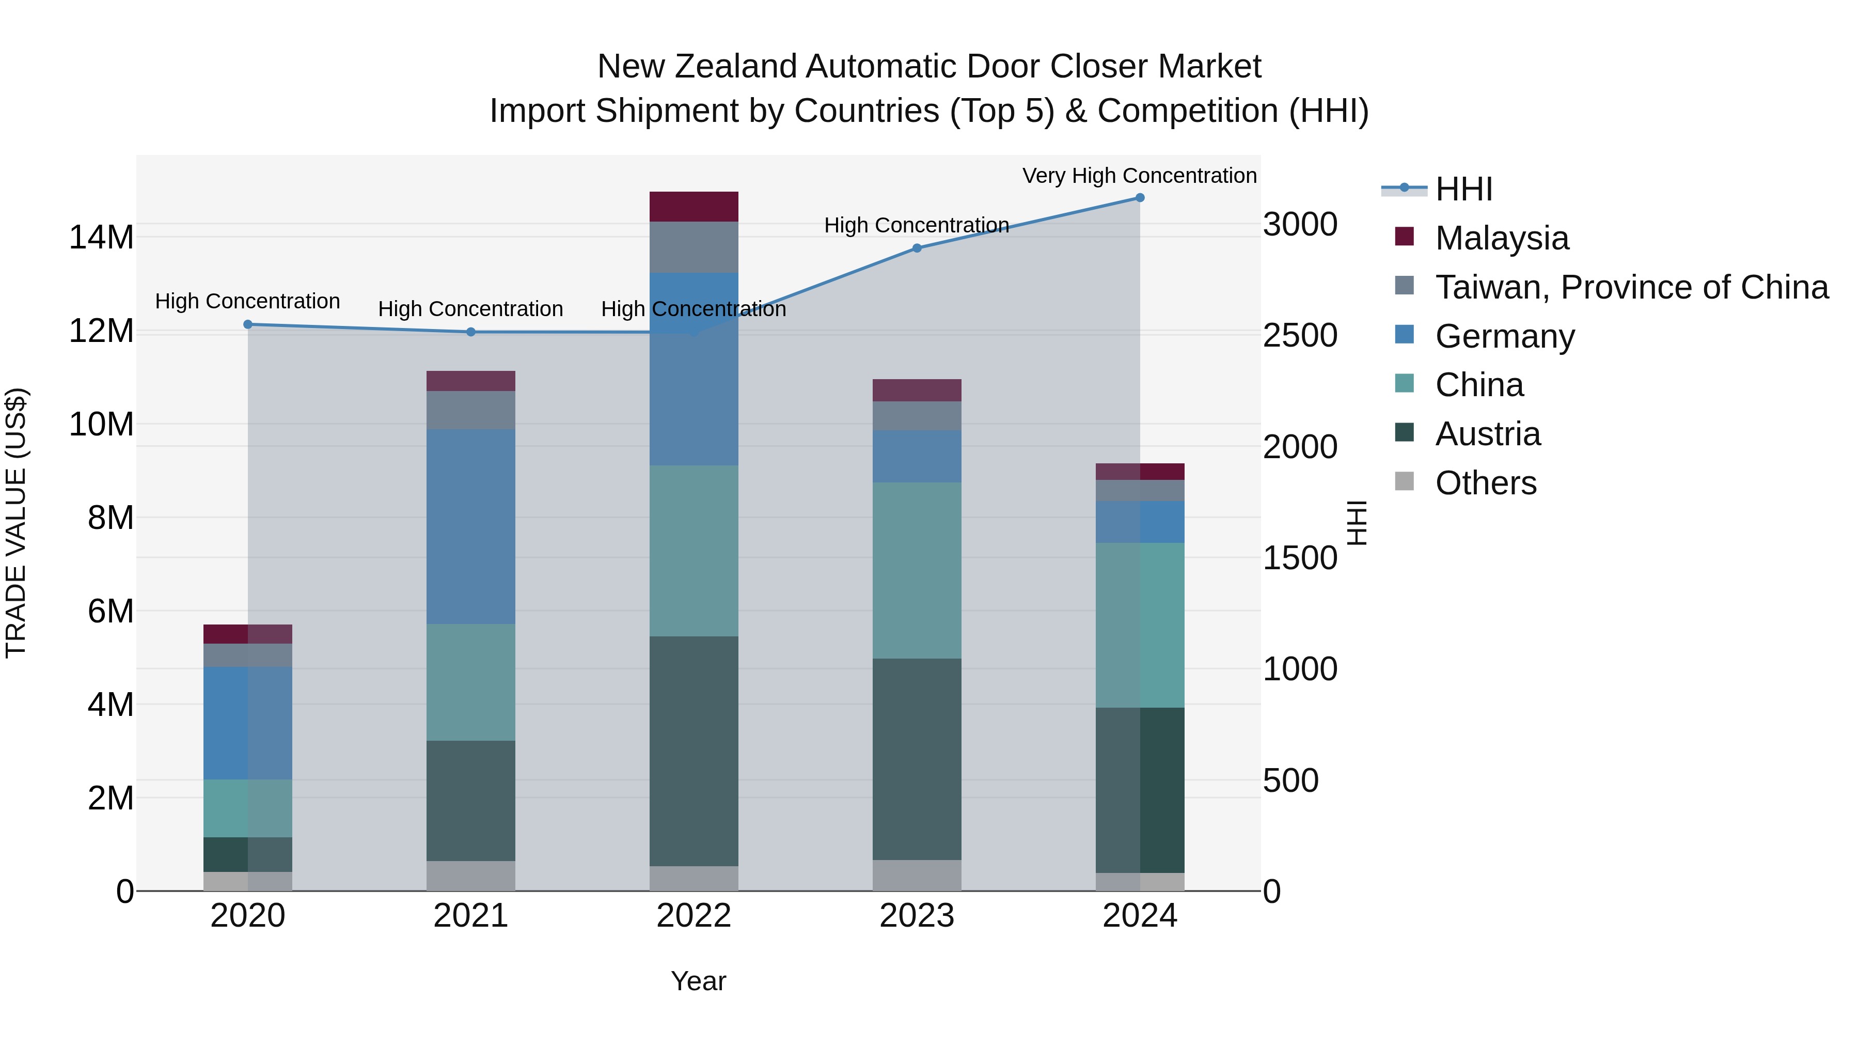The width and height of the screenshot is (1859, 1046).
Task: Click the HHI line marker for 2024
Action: click(1140, 198)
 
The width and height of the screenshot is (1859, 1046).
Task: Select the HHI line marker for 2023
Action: click(917, 248)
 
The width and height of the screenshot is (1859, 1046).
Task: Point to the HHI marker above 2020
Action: click(247, 325)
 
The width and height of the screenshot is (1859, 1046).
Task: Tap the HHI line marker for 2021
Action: click(470, 332)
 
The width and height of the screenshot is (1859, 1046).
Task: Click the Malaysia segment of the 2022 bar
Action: click(694, 207)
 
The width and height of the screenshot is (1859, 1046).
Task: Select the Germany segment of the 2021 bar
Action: click(470, 527)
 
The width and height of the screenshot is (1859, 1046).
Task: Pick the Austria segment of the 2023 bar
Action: click(917, 759)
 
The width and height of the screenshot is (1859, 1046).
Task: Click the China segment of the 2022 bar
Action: click(694, 551)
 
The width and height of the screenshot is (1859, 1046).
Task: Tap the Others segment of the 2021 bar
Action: click(470, 876)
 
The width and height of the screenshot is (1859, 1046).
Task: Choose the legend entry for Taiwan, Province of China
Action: click(1631, 287)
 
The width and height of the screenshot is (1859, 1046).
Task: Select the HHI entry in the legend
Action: click(1463, 189)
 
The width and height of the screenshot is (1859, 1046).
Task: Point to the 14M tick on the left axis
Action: click(101, 238)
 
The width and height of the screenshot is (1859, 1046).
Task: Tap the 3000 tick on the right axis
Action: click(1300, 225)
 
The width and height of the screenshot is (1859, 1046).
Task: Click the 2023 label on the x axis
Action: click(917, 915)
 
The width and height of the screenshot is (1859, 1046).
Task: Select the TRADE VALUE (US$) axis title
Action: click(16, 523)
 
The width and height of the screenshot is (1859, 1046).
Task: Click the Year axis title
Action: click(698, 981)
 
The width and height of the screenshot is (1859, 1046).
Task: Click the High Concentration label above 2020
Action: click(247, 301)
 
